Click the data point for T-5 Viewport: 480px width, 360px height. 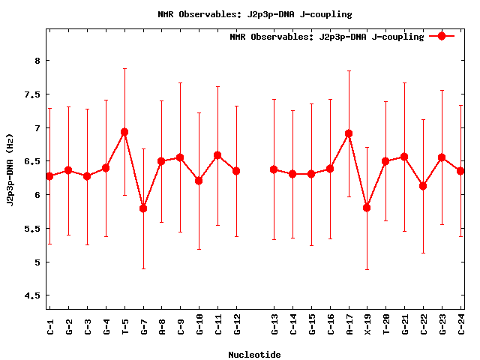[124, 132]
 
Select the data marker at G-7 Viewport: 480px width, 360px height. [143, 208]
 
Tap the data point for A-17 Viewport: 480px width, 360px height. [349, 133]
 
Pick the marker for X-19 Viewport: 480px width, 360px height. [367, 208]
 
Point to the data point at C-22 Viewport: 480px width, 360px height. [423, 186]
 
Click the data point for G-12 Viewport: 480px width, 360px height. [237, 171]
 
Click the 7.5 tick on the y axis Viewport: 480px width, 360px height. [32, 94]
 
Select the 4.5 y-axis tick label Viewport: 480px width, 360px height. [32, 295]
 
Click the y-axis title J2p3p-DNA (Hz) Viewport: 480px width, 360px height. [10, 169]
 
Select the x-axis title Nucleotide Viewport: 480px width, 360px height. [254, 355]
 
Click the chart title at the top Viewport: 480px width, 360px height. [254, 14]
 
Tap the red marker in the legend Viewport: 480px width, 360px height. [442, 36]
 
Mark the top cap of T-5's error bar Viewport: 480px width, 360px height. [124, 68]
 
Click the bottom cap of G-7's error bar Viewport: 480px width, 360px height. [143, 268]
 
